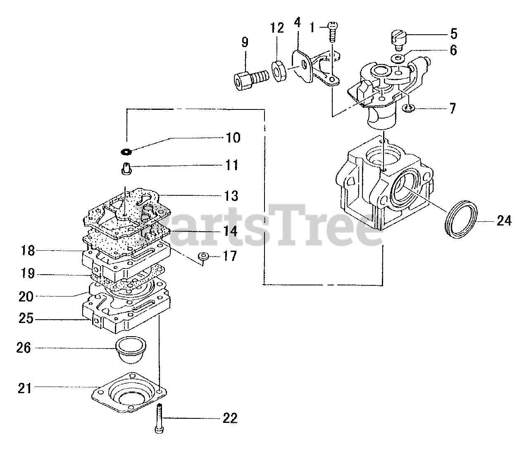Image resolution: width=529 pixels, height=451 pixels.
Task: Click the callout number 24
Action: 503,221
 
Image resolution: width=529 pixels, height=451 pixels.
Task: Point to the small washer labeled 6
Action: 399,58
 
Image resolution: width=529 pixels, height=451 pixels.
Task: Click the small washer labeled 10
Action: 126,152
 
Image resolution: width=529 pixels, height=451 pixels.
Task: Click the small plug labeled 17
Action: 203,256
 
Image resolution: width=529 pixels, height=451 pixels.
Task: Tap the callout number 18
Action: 29,250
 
